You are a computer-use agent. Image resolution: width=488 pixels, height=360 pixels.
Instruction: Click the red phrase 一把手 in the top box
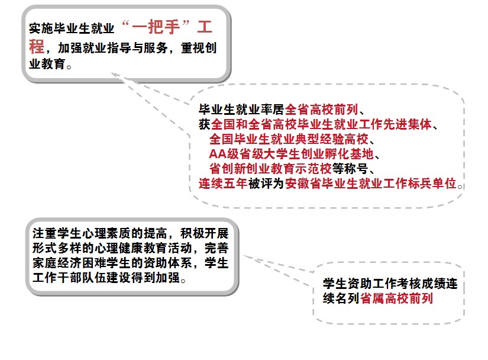(x=156, y=27)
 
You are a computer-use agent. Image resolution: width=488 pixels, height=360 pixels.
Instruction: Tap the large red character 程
(x=37, y=46)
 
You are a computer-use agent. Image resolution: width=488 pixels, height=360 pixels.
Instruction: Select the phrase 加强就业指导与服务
(x=113, y=48)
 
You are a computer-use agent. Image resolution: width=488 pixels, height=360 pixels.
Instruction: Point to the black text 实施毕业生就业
(x=72, y=28)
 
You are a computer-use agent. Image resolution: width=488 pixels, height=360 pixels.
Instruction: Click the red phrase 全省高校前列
(x=322, y=110)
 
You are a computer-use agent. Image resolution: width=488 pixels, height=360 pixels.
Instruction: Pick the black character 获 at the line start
(x=205, y=124)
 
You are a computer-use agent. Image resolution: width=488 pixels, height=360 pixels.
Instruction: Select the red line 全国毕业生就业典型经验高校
(x=289, y=139)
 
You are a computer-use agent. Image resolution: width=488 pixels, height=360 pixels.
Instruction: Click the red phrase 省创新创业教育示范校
(x=270, y=169)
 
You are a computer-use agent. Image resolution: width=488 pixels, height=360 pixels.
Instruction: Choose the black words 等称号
(x=350, y=169)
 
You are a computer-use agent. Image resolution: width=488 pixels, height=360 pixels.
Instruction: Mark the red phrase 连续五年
(x=223, y=184)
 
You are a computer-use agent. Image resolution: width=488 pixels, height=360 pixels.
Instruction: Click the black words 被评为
(x=266, y=184)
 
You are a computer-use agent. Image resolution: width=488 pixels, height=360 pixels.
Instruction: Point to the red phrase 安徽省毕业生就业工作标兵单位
(x=370, y=184)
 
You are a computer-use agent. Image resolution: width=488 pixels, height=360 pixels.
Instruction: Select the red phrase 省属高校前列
(x=396, y=298)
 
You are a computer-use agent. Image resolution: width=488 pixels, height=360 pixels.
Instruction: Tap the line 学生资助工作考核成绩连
(x=390, y=284)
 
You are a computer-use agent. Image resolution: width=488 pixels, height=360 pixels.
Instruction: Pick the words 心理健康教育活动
(x=143, y=248)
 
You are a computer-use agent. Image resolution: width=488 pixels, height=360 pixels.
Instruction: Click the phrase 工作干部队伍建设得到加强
(x=106, y=278)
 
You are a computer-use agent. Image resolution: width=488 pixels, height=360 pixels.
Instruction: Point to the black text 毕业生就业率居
(x=242, y=110)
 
